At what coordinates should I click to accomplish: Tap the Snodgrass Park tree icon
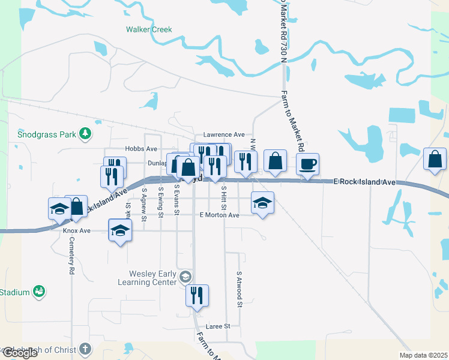pyautogui.click(x=86, y=133)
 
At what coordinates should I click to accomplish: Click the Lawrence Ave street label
pyautogui.click(x=224, y=134)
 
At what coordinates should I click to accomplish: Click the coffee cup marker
pyautogui.click(x=307, y=164)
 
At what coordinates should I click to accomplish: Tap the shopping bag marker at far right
pyautogui.click(x=435, y=159)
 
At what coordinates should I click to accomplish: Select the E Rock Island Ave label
pyautogui.click(x=364, y=182)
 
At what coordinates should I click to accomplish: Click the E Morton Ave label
pyautogui.click(x=219, y=215)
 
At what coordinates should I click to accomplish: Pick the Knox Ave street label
pyautogui.click(x=76, y=230)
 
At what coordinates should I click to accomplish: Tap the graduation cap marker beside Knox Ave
pyautogui.click(x=120, y=230)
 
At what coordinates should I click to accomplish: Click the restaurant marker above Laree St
pyautogui.click(x=197, y=295)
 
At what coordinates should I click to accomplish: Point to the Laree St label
pyautogui.click(x=218, y=326)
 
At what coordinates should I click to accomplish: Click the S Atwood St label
pyautogui.click(x=239, y=290)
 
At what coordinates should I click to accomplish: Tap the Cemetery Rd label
pyautogui.click(x=71, y=255)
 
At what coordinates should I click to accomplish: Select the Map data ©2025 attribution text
pyautogui.click(x=423, y=355)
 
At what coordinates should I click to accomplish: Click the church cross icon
pyautogui.click(x=85, y=349)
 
